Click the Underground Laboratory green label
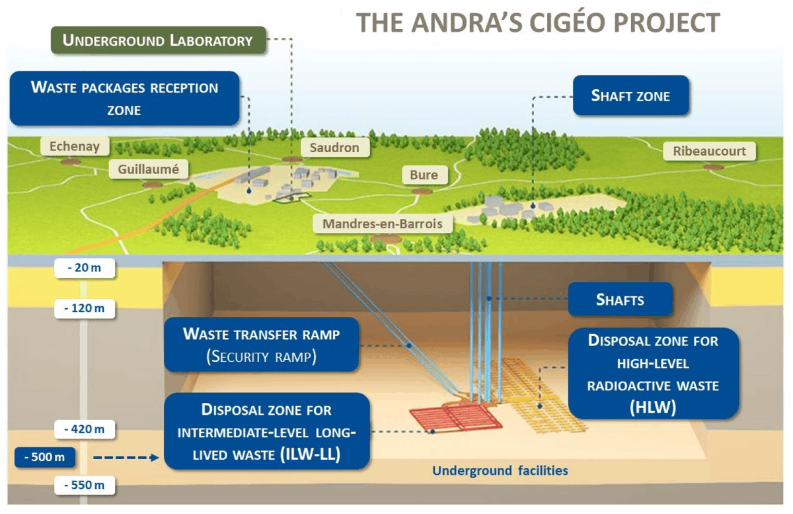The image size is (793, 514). click(157, 40)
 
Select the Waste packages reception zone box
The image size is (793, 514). click(124, 98)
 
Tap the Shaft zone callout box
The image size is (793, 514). click(630, 96)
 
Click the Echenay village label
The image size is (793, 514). click(75, 147)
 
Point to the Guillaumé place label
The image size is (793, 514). click(148, 169)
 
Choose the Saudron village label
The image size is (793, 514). click(334, 148)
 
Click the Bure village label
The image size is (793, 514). click(424, 175)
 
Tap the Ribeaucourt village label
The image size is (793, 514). click(709, 151)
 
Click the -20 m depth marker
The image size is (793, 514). click(85, 269)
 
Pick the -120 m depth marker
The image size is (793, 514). click(85, 308)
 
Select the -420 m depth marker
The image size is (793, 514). click(85, 429)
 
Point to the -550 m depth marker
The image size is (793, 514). click(85, 486)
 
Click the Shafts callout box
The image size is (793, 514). click(620, 300)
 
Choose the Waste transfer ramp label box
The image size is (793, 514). click(262, 345)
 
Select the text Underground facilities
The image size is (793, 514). click(500, 471)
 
